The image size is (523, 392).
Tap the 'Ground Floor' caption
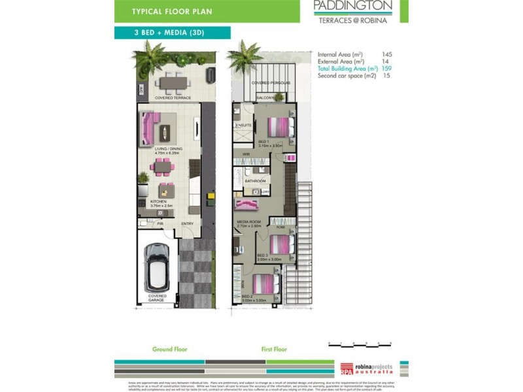(170, 350)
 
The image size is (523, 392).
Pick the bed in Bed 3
(280, 244)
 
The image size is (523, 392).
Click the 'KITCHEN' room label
(158, 202)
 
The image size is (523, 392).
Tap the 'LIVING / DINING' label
(169, 149)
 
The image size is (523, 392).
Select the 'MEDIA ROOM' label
(248, 222)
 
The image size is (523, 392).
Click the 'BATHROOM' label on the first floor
(255, 181)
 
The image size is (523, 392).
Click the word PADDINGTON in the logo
(352, 7)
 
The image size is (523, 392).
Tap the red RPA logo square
(346, 368)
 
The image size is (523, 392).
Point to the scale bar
(360, 342)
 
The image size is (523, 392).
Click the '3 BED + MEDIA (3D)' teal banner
(173, 33)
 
